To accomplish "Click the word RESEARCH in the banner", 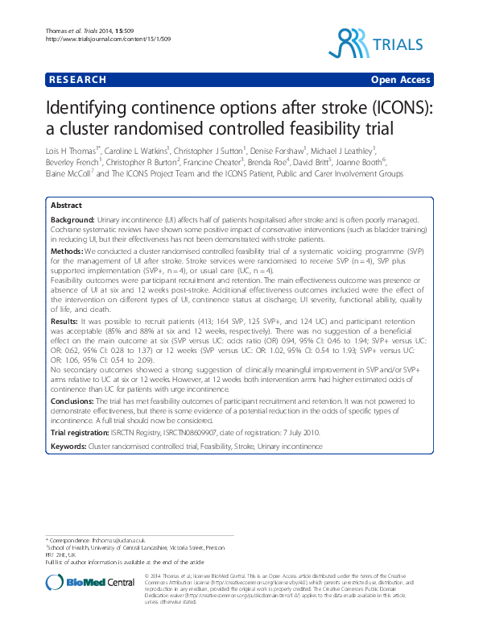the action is point(78,80).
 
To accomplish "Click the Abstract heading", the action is point(67,206).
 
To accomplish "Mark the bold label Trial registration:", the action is point(80,433).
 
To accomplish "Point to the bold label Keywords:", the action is point(68,446).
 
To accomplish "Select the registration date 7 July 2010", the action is point(303,433).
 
